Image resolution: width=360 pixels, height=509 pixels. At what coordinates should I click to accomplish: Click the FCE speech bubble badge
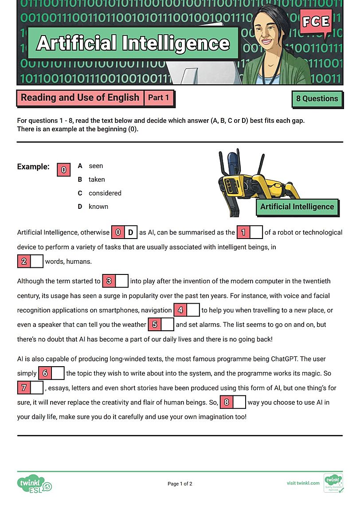coord(316,22)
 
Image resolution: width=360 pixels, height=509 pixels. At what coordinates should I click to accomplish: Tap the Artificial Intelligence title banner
coord(133,43)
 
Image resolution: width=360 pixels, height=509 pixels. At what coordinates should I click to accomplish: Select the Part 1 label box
coord(158,98)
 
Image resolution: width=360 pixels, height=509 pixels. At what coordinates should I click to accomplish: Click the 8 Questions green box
coord(317,99)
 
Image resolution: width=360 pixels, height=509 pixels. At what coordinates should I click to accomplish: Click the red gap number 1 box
coord(243,232)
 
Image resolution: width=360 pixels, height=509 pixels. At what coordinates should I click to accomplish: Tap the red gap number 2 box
coord(24,261)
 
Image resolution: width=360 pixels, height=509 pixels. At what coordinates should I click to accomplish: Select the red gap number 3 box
coord(109,281)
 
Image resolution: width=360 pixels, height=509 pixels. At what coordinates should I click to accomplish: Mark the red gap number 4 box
coord(180,310)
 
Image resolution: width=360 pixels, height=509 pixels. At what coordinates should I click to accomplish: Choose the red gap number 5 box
coord(154,325)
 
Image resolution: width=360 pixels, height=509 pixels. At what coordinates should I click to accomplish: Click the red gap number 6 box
coord(45,373)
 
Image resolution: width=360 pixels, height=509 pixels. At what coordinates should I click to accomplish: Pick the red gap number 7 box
coord(24,388)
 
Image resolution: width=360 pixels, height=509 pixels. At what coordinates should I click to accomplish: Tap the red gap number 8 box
coord(226,403)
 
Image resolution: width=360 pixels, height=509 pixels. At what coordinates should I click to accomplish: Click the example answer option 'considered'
coord(105,193)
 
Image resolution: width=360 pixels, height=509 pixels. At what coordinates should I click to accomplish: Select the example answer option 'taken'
coord(97,180)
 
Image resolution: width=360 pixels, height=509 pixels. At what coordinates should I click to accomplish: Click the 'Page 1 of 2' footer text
coord(180,484)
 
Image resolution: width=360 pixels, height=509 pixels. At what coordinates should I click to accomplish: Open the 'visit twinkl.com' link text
coord(303,483)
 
